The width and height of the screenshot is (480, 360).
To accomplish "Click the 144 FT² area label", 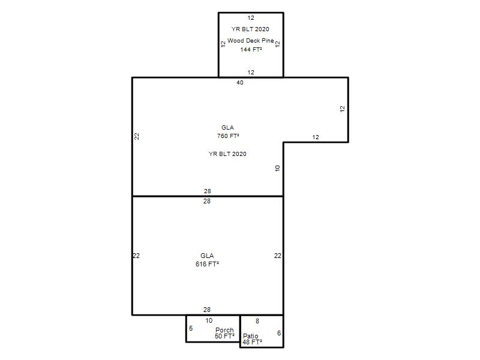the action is pyautogui.click(x=251, y=49).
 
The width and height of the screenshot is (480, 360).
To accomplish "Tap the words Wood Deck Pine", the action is pyautogui.click(x=250, y=40).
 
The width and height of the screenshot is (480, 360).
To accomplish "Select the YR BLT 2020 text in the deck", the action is pyautogui.click(x=250, y=29).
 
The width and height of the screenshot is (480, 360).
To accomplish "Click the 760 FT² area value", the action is pyautogui.click(x=228, y=136).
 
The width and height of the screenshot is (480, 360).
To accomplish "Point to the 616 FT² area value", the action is pyautogui.click(x=207, y=264).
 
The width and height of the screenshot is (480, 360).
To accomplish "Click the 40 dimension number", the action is pyautogui.click(x=240, y=82).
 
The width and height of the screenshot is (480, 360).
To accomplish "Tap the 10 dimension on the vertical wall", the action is pyautogui.click(x=277, y=168).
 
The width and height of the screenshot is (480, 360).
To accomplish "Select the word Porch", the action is pyautogui.click(x=224, y=330).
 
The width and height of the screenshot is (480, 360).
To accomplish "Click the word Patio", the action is pyautogui.click(x=250, y=336).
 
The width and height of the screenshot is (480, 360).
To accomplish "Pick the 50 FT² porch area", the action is pyautogui.click(x=224, y=336).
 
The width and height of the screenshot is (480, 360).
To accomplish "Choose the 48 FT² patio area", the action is pyautogui.click(x=252, y=342).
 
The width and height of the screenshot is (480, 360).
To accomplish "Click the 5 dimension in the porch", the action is pyautogui.click(x=191, y=328).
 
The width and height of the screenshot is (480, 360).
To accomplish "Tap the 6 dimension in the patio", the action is pyautogui.click(x=279, y=333).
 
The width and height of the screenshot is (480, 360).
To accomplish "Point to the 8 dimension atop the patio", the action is pyautogui.click(x=257, y=321).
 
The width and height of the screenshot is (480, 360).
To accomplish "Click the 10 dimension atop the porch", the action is pyautogui.click(x=209, y=320).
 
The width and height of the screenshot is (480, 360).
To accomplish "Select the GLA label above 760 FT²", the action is pyautogui.click(x=227, y=127).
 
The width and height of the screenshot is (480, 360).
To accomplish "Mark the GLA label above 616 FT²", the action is pyautogui.click(x=207, y=256).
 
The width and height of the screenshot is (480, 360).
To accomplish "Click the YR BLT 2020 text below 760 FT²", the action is pyautogui.click(x=227, y=154).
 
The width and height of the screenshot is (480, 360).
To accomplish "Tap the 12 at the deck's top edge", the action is pyautogui.click(x=251, y=18).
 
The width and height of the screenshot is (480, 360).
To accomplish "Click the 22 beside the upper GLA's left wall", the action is pyautogui.click(x=137, y=136).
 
